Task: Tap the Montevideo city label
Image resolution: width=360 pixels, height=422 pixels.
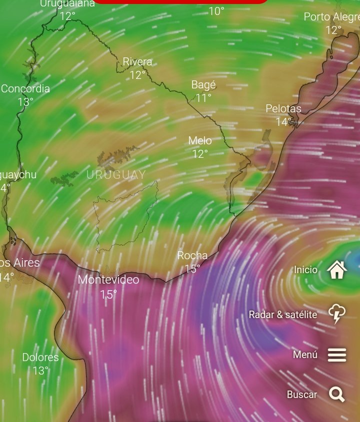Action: [x=108, y=280]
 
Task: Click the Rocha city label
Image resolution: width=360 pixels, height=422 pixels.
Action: [x=192, y=256]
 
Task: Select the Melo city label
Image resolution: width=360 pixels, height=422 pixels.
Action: [x=200, y=141]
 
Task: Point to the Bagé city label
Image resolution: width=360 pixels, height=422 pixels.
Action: [x=203, y=85]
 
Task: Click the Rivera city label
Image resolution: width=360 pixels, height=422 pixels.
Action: [x=137, y=62]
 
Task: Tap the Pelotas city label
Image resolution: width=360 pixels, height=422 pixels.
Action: [x=283, y=109]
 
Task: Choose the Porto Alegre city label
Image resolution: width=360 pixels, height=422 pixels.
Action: [x=331, y=17]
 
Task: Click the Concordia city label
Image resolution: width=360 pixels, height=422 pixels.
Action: [x=25, y=89]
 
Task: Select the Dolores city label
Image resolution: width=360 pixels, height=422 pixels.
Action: [x=40, y=358]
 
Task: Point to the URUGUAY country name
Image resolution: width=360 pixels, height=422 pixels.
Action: [x=116, y=175]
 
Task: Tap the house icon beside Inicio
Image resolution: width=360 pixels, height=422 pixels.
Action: [x=337, y=270]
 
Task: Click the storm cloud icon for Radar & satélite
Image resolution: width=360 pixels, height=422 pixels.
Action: [x=337, y=314]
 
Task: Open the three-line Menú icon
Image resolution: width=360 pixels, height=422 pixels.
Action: [x=337, y=355]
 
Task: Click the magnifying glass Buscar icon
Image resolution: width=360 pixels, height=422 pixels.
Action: [x=337, y=395]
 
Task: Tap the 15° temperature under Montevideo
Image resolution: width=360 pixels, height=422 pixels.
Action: [x=108, y=295]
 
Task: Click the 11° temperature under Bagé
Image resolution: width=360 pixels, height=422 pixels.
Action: [x=203, y=98]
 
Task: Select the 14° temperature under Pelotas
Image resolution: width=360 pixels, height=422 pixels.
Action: [x=283, y=122]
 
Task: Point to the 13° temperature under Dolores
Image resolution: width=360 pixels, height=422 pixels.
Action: [x=40, y=371]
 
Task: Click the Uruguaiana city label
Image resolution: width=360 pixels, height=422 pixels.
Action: [x=67, y=4]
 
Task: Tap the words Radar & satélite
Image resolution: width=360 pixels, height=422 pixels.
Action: [x=283, y=315]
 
